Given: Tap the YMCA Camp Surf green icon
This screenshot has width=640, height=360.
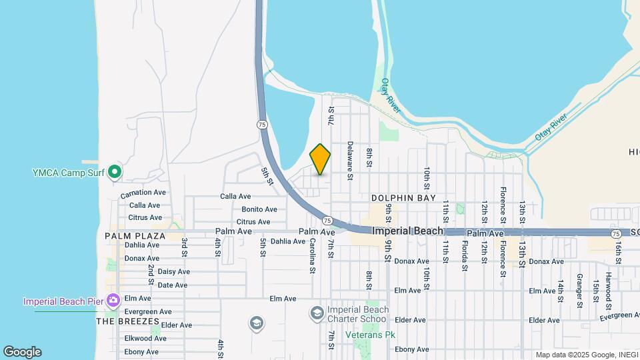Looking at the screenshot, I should click(x=115, y=173).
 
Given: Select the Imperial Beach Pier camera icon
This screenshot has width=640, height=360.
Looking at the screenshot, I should click(x=113, y=301).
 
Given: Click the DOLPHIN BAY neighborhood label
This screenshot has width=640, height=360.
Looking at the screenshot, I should click(x=403, y=198).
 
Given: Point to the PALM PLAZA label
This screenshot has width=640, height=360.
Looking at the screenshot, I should click(x=135, y=236).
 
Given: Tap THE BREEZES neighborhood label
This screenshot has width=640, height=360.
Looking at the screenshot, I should click(x=127, y=321).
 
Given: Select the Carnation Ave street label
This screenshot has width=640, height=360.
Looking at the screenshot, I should click(x=143, y=193).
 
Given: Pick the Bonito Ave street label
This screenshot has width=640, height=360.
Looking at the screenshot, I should click(x=255, y=209).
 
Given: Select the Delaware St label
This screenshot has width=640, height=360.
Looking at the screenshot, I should click(x=349, y=161).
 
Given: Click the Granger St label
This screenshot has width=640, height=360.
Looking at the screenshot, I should click(x=579, y=291).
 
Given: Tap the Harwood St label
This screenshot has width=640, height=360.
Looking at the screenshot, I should click(x=608, y=291).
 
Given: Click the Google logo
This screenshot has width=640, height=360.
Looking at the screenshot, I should click(x=22, y=352).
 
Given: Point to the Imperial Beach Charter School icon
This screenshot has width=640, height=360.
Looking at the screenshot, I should click(x=317, y=313).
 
